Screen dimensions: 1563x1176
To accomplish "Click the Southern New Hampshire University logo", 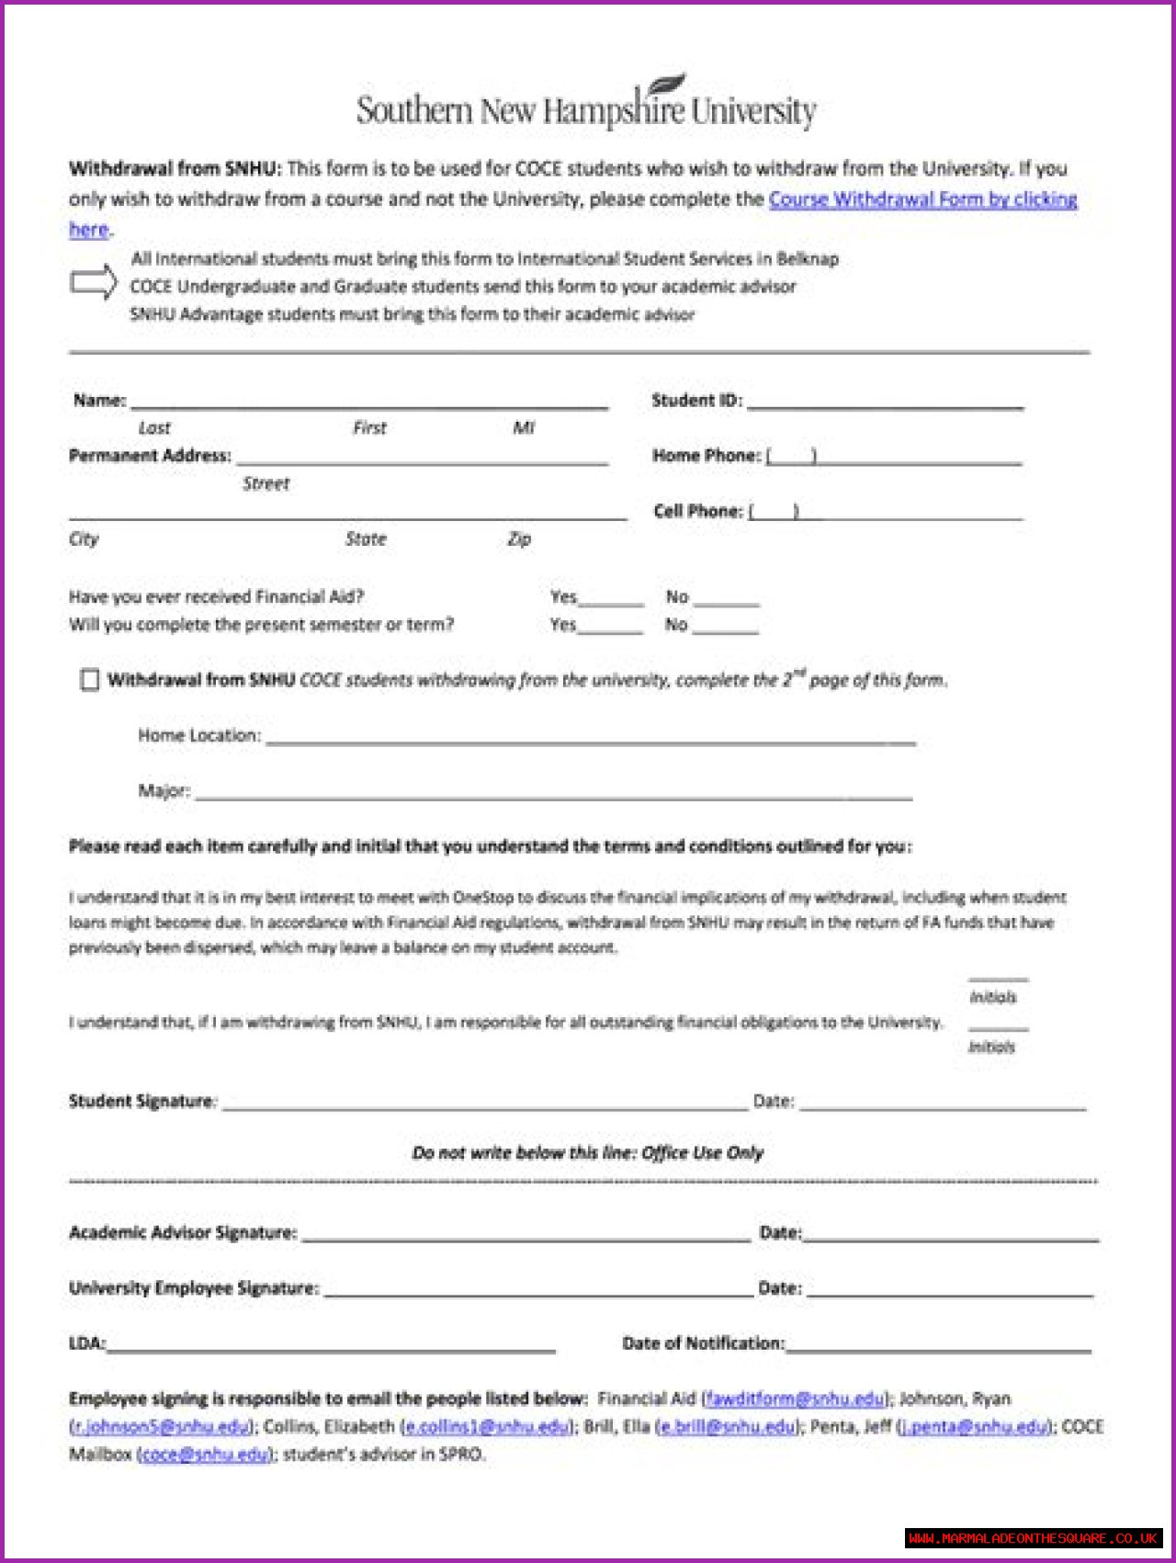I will [x=586, y=106].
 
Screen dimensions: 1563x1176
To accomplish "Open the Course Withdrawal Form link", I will [x=922, y=199].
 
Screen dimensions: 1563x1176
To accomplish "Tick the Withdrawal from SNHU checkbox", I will [x=89, y=680].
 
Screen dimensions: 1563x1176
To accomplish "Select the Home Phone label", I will [x=706, y=456].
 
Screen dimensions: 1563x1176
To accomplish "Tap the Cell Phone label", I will [x=697, y=511].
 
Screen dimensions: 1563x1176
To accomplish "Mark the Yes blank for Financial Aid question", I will [x=611, y=602].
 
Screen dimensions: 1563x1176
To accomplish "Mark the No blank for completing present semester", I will [x=726, y=629].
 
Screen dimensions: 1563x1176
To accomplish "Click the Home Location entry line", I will [x=590, y=740].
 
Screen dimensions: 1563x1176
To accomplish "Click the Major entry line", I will [x=553, y=795].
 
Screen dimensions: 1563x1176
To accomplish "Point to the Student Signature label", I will [x=141, y=1101].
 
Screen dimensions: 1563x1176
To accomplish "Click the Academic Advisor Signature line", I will [x=526, y=1237].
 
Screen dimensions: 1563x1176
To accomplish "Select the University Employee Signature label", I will [x=193, y=1288].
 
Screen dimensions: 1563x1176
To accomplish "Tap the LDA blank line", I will [x=331, y=1348].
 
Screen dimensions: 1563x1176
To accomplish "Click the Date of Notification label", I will [x=703, y=1343].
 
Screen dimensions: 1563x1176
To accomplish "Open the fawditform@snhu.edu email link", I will [x=795, y=1399].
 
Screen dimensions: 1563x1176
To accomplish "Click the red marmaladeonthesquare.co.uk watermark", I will [x=1034, y=1537].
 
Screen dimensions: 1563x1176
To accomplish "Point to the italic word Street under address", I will [x=266, y=483].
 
